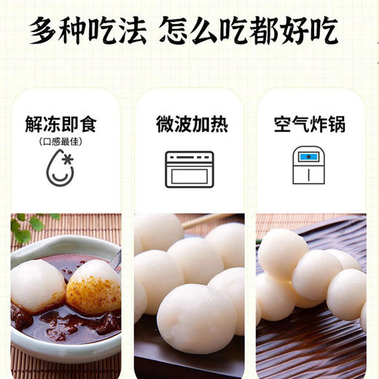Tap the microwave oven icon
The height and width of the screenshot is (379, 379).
189,169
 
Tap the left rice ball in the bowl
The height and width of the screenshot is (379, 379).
38,285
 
